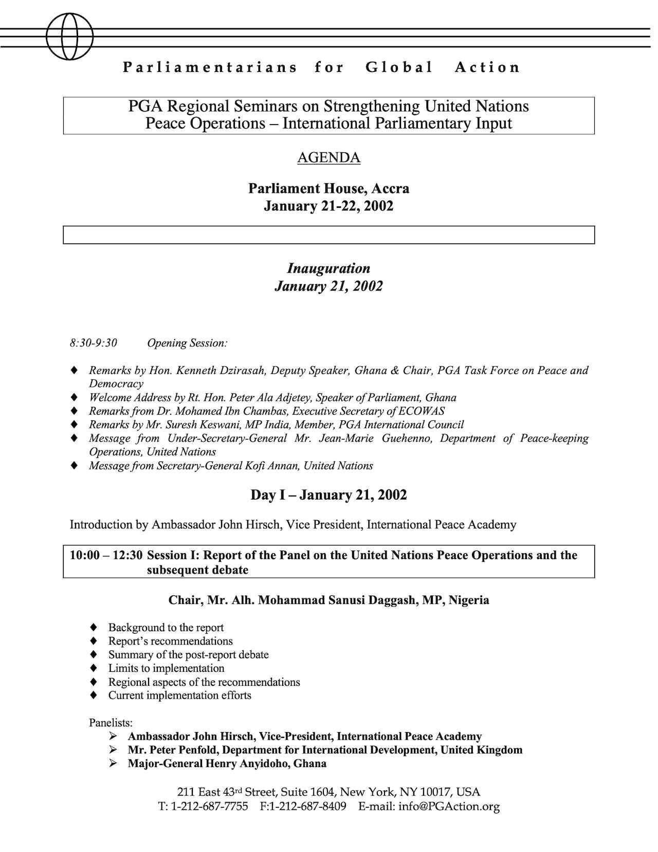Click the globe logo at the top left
point(69,37)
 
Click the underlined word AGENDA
point(328,157)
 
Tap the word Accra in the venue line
point(390,188)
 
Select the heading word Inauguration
point(328,269)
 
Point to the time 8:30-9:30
point(94,343)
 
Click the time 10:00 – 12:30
point(106,556)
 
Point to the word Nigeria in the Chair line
point(468,600)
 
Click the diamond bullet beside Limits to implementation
point(93,668)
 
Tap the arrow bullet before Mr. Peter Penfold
point(114,750)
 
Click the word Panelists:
point(111,723)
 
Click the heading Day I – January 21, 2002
point(328,495)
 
